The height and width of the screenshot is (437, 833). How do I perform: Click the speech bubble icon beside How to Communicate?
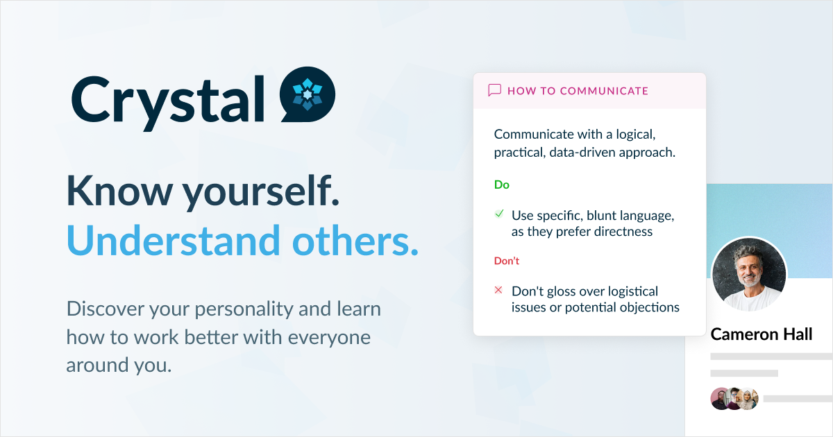coord(495,90)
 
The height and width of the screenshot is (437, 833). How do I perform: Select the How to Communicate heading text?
coord(578,91)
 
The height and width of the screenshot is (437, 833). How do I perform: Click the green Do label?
coord(502,185)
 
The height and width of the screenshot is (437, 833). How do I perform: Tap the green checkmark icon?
coord(498,214)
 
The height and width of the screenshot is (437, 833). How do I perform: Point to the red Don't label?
coord(507,261)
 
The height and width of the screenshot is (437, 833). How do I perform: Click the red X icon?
coord(498,290)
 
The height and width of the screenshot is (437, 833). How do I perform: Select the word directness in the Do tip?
coord(618,232)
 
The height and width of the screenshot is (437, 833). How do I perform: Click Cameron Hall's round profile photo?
coord(749,275)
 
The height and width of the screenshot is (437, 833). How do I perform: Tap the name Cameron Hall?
coord(762,335)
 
